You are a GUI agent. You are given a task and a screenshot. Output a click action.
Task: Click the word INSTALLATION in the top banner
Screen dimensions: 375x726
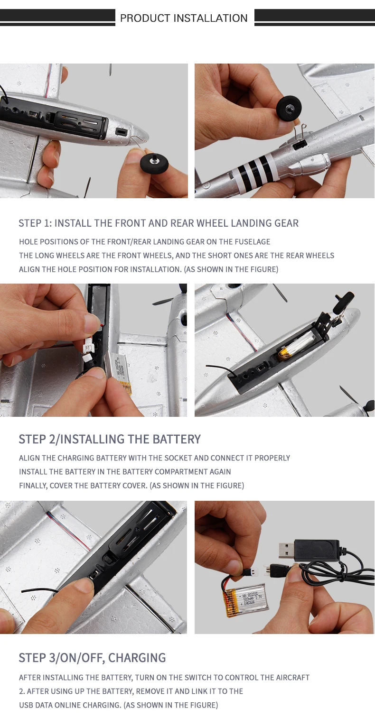211,18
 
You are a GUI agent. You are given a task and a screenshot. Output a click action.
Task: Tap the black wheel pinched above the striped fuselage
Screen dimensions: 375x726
288,106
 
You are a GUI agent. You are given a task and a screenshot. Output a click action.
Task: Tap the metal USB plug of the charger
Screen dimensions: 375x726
287,550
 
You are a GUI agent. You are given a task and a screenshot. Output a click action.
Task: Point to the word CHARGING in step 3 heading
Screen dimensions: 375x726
137,658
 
